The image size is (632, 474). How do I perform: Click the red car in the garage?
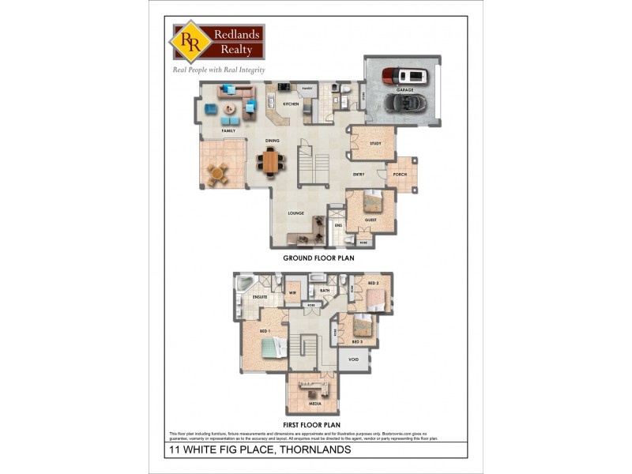(403, 76)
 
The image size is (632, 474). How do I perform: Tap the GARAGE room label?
(404, 90)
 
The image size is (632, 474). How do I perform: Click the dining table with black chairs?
(272, 162)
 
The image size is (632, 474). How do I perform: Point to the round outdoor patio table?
(218, 172)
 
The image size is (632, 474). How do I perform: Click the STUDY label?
(375, 143)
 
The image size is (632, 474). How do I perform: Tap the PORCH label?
(400, 175)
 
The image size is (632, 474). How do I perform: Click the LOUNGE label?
(295, 213)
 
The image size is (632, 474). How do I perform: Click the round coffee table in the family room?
(229, 108)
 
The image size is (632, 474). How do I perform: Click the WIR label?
(292, 292)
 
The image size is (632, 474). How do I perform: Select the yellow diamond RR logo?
(190, 41)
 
